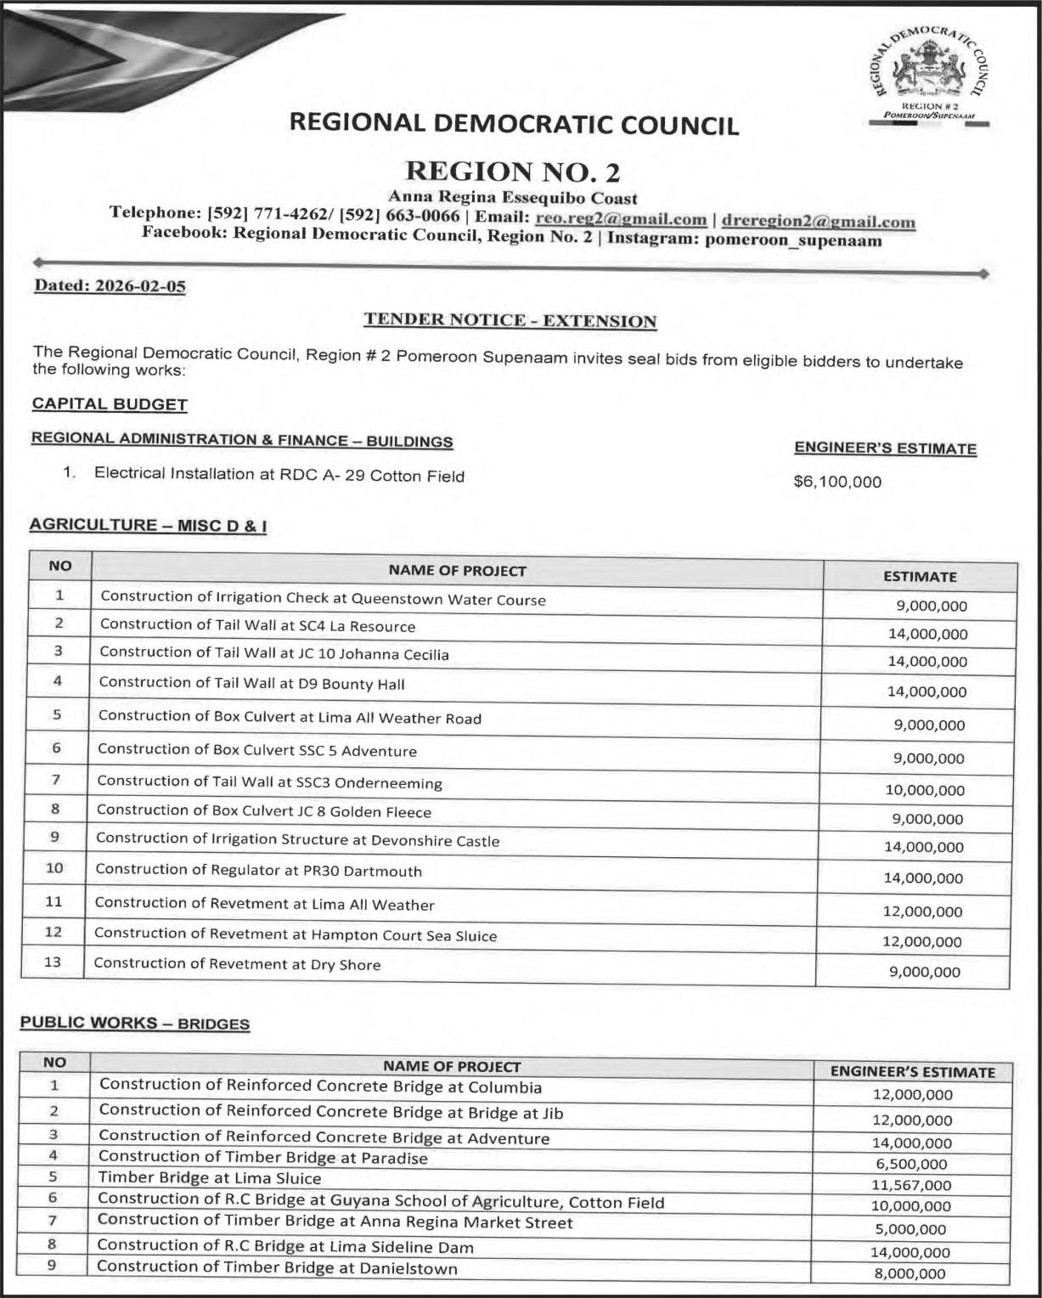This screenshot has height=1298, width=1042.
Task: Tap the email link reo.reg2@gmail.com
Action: pyautogui.click(x=621, y=219)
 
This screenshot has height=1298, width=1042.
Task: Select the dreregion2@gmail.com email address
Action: pyautogui.click(x=818, y=221)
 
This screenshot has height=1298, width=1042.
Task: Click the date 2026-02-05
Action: pyautogui.click(x=140, y=286)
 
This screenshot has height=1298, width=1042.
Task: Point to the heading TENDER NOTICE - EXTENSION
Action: pyautogui.click(x=510, y=320)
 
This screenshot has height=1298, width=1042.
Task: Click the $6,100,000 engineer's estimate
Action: pyautogui.click(x=836, y=483)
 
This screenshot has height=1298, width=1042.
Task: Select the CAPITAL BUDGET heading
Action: pyautogui.click(x=110, y=404)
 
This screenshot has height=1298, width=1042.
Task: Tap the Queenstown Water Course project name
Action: pyautogui.click(x=323, y=598)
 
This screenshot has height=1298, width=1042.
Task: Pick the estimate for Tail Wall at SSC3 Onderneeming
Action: pyautogui.click(x=925, y=790)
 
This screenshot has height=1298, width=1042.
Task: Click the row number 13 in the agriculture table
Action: pyautogui.click(x=53, y=962)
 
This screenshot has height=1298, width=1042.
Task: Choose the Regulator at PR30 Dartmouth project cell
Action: pyautogui.click(x=258, y=871)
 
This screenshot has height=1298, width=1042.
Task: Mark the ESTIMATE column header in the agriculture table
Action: pyautogui.click(x=920, y=577)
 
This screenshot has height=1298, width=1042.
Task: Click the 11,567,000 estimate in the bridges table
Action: pyautogui.click(x=912, y=1185)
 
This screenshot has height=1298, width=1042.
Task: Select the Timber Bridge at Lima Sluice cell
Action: pyautogui.click(x=210, y=1178)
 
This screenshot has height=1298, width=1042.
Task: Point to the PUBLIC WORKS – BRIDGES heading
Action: pyautogui.click(x=134, y=1023)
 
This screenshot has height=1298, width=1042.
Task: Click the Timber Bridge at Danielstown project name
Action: pyautogui.click(x=277, y=1268)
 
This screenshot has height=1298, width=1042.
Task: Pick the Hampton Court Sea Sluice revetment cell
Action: pyautogui.click(x=295, y=935)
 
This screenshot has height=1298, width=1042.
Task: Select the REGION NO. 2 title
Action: pyautogui.click(x=513, y=172)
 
